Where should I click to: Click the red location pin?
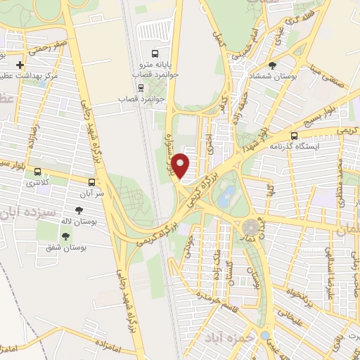(x=181, y=165)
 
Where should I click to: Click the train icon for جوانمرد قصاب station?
(x=141, y=88)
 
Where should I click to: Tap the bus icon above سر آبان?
(x=94, y=181)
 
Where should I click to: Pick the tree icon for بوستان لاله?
(x=79, y=209)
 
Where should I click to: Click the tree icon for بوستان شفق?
(x=65, y=236)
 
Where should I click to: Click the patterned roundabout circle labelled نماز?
(x=250, y=229)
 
